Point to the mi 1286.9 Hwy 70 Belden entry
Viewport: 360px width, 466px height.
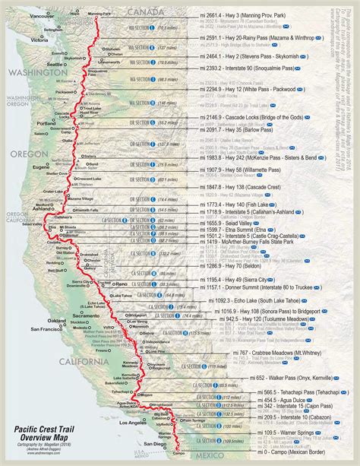(x=242, y=246)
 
